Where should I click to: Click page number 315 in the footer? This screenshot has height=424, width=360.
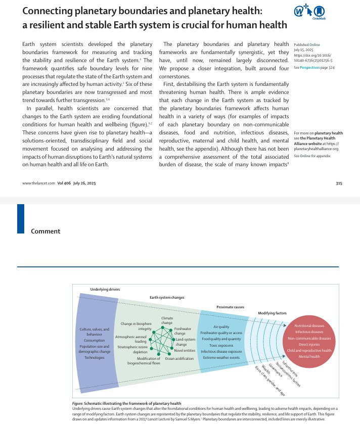[x=339, y=183]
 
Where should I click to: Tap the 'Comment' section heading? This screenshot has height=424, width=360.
[x=46, y=231]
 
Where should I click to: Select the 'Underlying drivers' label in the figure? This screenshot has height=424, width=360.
[x=105, y=289]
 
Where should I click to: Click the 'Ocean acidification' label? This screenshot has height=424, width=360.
[x=179, y=358]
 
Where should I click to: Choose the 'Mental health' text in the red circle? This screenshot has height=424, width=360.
[x=309, y=356]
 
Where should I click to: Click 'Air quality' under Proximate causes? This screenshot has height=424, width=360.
[x=221, y=327]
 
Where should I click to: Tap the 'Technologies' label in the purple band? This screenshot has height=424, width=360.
[x=95, y=357]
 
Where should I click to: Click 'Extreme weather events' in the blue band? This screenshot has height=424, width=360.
[x=221, y=357]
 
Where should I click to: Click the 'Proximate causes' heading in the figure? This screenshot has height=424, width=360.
[x=230, y=307]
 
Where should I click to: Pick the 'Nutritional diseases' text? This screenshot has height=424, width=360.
[x=309, y=326]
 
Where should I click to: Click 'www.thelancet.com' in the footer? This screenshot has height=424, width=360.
[x=38, y=183]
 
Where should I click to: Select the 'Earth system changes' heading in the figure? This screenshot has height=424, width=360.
[x=167, y=298]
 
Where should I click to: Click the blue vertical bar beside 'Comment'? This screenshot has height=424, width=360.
[x=21, y=218]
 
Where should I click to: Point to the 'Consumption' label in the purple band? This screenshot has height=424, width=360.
[x=95, y=340]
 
